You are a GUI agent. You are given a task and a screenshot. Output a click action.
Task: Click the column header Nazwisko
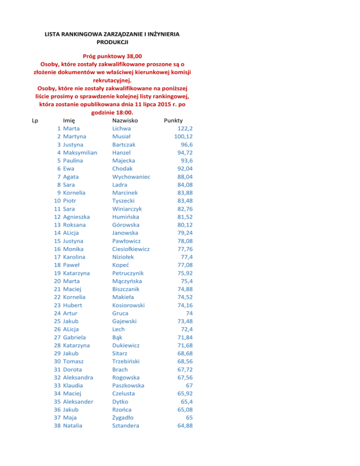[125, 120]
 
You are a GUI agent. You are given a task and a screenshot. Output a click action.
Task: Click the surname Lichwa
[122, 128]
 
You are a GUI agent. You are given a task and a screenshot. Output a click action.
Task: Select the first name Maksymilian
[80, 152]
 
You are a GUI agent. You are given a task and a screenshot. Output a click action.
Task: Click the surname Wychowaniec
[134, 176]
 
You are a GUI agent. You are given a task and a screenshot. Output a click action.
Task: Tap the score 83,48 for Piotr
[182, 201]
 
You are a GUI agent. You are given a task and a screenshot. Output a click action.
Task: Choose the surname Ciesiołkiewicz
[131, 249]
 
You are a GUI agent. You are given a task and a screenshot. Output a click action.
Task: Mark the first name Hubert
[73, 305]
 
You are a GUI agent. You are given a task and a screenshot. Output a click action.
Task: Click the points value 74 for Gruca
[190, 313]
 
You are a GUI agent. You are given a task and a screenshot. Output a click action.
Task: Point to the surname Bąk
[118, 337]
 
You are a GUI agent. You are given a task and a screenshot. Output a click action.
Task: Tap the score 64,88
[182, 426]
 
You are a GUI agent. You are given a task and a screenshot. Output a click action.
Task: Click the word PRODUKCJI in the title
[112, 43]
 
